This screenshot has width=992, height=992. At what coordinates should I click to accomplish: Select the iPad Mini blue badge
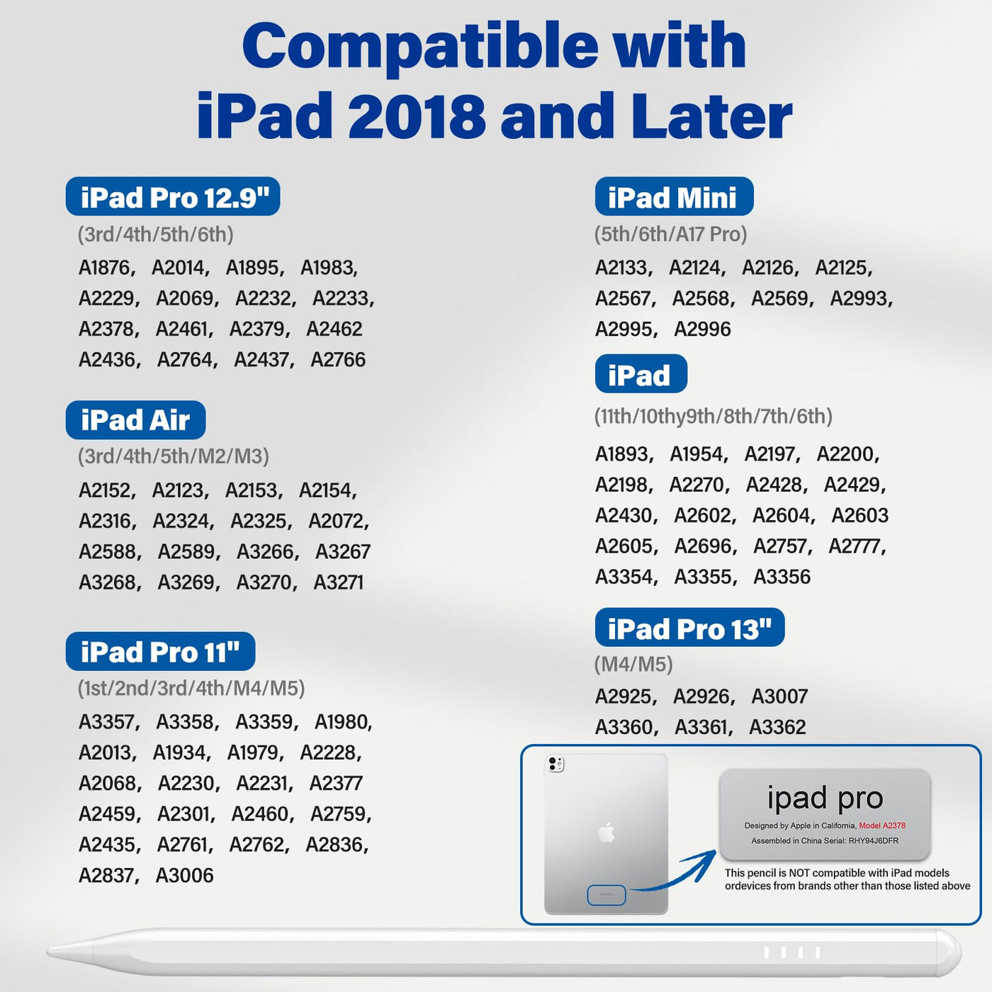pos(674,196)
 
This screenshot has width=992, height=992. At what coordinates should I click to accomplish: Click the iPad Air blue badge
pos(135,419)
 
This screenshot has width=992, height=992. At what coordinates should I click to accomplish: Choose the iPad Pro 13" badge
pos(689,627)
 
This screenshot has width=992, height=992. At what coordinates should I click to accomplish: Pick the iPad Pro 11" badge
pos(160,650)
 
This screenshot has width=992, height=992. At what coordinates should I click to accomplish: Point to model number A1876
pos(104,268)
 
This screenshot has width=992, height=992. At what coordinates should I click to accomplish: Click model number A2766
pos(338,359)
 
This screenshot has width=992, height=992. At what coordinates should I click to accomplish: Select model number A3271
pos(338,582)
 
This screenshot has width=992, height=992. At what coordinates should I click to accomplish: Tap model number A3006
pos(184,875)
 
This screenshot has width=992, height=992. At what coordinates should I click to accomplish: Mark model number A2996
pos(702,329)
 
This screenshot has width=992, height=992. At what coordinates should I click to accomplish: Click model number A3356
pos(782,577)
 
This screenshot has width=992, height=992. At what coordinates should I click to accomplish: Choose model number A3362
pos(777,727)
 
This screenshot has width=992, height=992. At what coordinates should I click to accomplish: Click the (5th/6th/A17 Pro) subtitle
pos(670,235)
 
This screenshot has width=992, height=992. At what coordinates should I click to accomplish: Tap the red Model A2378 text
pos(882,825)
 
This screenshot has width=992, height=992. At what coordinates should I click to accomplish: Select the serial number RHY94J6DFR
pos(874,840)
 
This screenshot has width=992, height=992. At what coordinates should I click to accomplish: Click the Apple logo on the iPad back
pos(607,833)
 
